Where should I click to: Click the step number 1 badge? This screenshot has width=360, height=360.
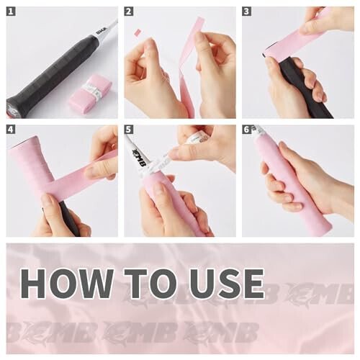click(12, 12)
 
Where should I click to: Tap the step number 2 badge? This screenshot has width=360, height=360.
click(129, 12)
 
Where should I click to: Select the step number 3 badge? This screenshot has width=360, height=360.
click(246, 12)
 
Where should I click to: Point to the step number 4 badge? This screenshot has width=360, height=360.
click(12, 130)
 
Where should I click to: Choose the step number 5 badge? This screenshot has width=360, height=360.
click(129, 130)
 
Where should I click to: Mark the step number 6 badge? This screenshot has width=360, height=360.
click(246, 130)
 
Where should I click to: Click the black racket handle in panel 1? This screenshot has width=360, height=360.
click(54, 72)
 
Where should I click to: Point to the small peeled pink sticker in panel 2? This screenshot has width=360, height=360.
click(138, 32)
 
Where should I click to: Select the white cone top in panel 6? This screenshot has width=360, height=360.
click(258, 130)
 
